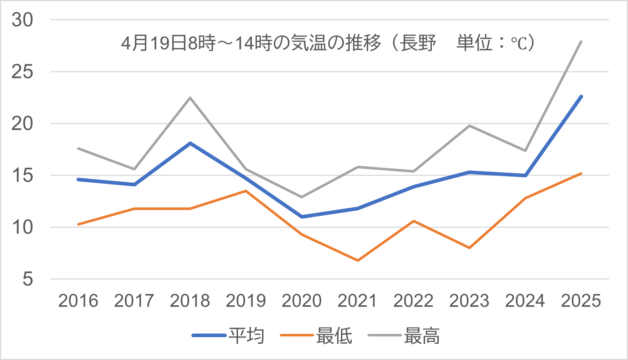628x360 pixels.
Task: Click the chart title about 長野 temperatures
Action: [x=328, y=43]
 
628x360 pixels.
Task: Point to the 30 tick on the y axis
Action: [x=22, y=20]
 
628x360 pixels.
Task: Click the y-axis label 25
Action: [x=22, y=72]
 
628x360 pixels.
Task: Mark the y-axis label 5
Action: [x=28, y=279]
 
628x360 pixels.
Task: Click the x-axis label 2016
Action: [x=78, y=301]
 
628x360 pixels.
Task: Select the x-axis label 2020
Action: [x=301, y=301]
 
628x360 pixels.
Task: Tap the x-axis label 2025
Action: [x=581, y=301]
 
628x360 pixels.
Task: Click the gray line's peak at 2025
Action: [x=581, y=42]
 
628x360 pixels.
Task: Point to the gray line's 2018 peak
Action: [x=190, y=98]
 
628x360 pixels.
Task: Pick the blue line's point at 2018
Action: [x=190, y=143]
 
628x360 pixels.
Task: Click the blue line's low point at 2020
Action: [x=302, y=217]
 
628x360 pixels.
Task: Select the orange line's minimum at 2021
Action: [x=358, y=260]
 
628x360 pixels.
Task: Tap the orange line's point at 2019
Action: [x=246, y=191]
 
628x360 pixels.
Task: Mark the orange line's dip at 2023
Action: [x=470, y=248]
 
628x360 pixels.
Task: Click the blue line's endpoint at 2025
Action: [x=581, y=96]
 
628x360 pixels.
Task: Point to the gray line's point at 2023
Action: [x=470, y=126]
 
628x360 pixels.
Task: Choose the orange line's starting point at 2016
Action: [x=78, y=224]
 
